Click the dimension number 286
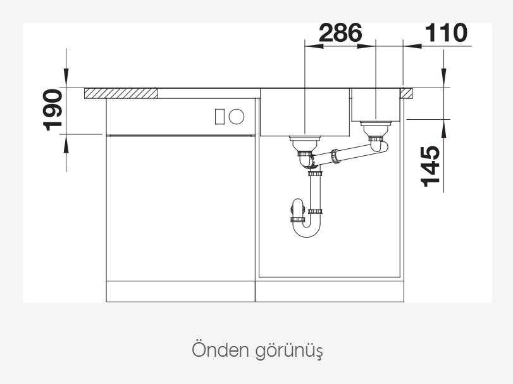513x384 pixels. [x=340, y=33]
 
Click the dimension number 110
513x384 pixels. [x=446, y=33]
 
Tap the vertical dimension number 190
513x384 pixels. [x=53, y=110]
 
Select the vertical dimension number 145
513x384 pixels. [x=430, y=167]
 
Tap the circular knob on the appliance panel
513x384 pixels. [x=236, y=117]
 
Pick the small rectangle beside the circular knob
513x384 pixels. [x=219, y=117]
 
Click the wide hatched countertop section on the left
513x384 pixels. [x=121, y=93]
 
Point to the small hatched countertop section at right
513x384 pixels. [x=406, y=93]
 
